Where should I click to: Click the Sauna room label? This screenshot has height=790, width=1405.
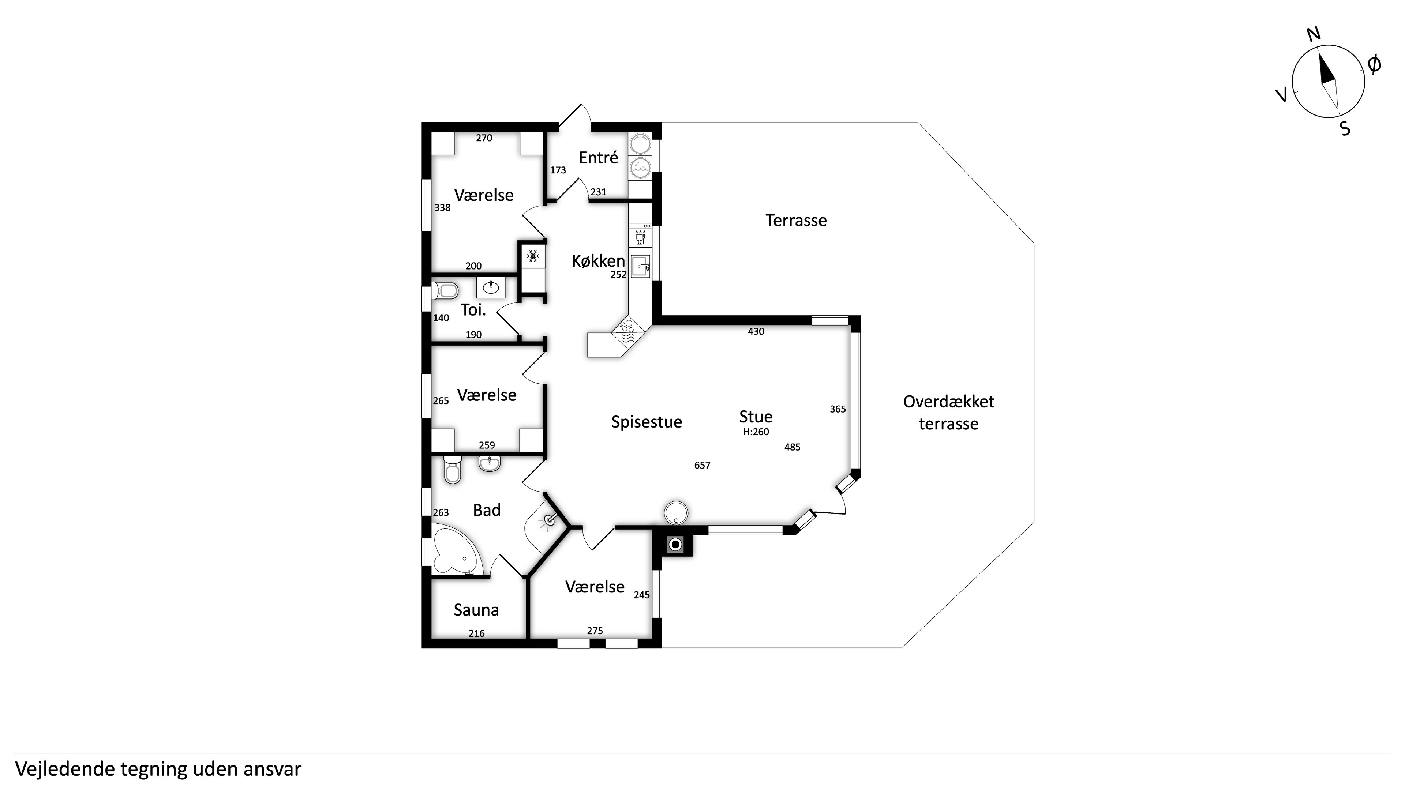[476, 610]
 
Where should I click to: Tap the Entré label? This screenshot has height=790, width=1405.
[598, 158]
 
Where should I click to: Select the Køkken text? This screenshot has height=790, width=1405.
[598, 261]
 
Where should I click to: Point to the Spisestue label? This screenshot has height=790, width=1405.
[646, 422]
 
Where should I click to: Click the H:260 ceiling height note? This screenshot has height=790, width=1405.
[756, 432]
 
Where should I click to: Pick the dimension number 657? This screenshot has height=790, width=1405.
[702, 465]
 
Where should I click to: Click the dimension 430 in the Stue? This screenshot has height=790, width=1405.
[756, 331]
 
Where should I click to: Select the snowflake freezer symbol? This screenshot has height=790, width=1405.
[532, 255]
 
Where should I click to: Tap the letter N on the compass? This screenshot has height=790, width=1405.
[1314, 34]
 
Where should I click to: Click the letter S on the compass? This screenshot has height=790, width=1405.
[1346, 129]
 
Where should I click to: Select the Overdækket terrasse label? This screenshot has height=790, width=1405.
[948, 413]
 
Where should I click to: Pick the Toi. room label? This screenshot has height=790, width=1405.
[473, 310]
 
